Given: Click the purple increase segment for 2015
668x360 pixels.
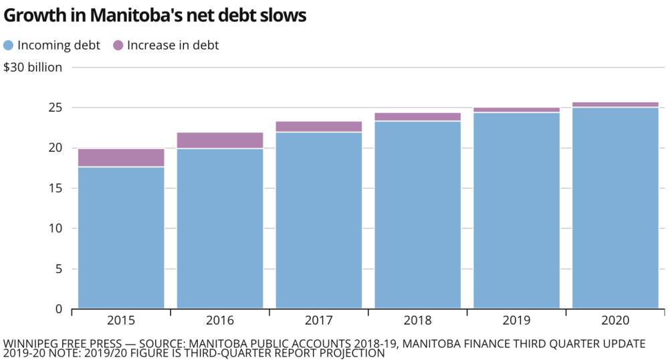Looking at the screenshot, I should (x=121, y=157).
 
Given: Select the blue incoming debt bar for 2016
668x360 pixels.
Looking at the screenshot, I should (x=220, y=228).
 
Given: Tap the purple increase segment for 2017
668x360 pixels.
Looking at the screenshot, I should (x=319, y=126).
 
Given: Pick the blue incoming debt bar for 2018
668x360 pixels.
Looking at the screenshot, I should (x=418, y=214).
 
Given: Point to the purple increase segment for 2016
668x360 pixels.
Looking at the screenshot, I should (x=220, y=141).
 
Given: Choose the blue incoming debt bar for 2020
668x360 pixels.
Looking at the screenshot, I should (x=615, y=207).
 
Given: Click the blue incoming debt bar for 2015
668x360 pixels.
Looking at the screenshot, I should (x=121, y=238).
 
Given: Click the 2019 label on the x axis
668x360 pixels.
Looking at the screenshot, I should (x=516, y=321).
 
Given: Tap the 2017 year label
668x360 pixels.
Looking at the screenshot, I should (x=319, y=321).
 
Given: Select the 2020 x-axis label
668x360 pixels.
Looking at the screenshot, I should (x=615, y=321).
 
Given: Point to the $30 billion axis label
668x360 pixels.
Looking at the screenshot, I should (x=33, y=67).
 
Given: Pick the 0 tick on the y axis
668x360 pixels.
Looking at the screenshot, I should (x=59, y=309).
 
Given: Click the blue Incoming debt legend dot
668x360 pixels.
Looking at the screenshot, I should (x=9, y=46).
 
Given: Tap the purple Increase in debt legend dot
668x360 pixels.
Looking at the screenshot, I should (x=118, y=46).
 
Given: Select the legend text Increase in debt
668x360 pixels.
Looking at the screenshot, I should (x=173, y=46).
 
